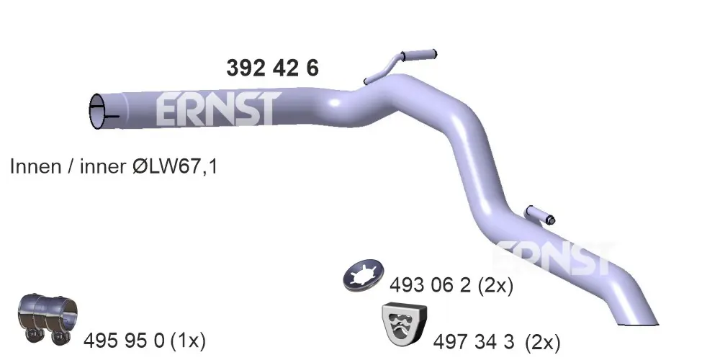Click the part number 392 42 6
(272, 68)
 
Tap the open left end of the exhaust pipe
(97, 111)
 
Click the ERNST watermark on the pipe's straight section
(218, 109)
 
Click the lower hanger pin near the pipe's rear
(541, 215)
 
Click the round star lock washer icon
(363, 276)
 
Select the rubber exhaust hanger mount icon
(404, 324)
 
